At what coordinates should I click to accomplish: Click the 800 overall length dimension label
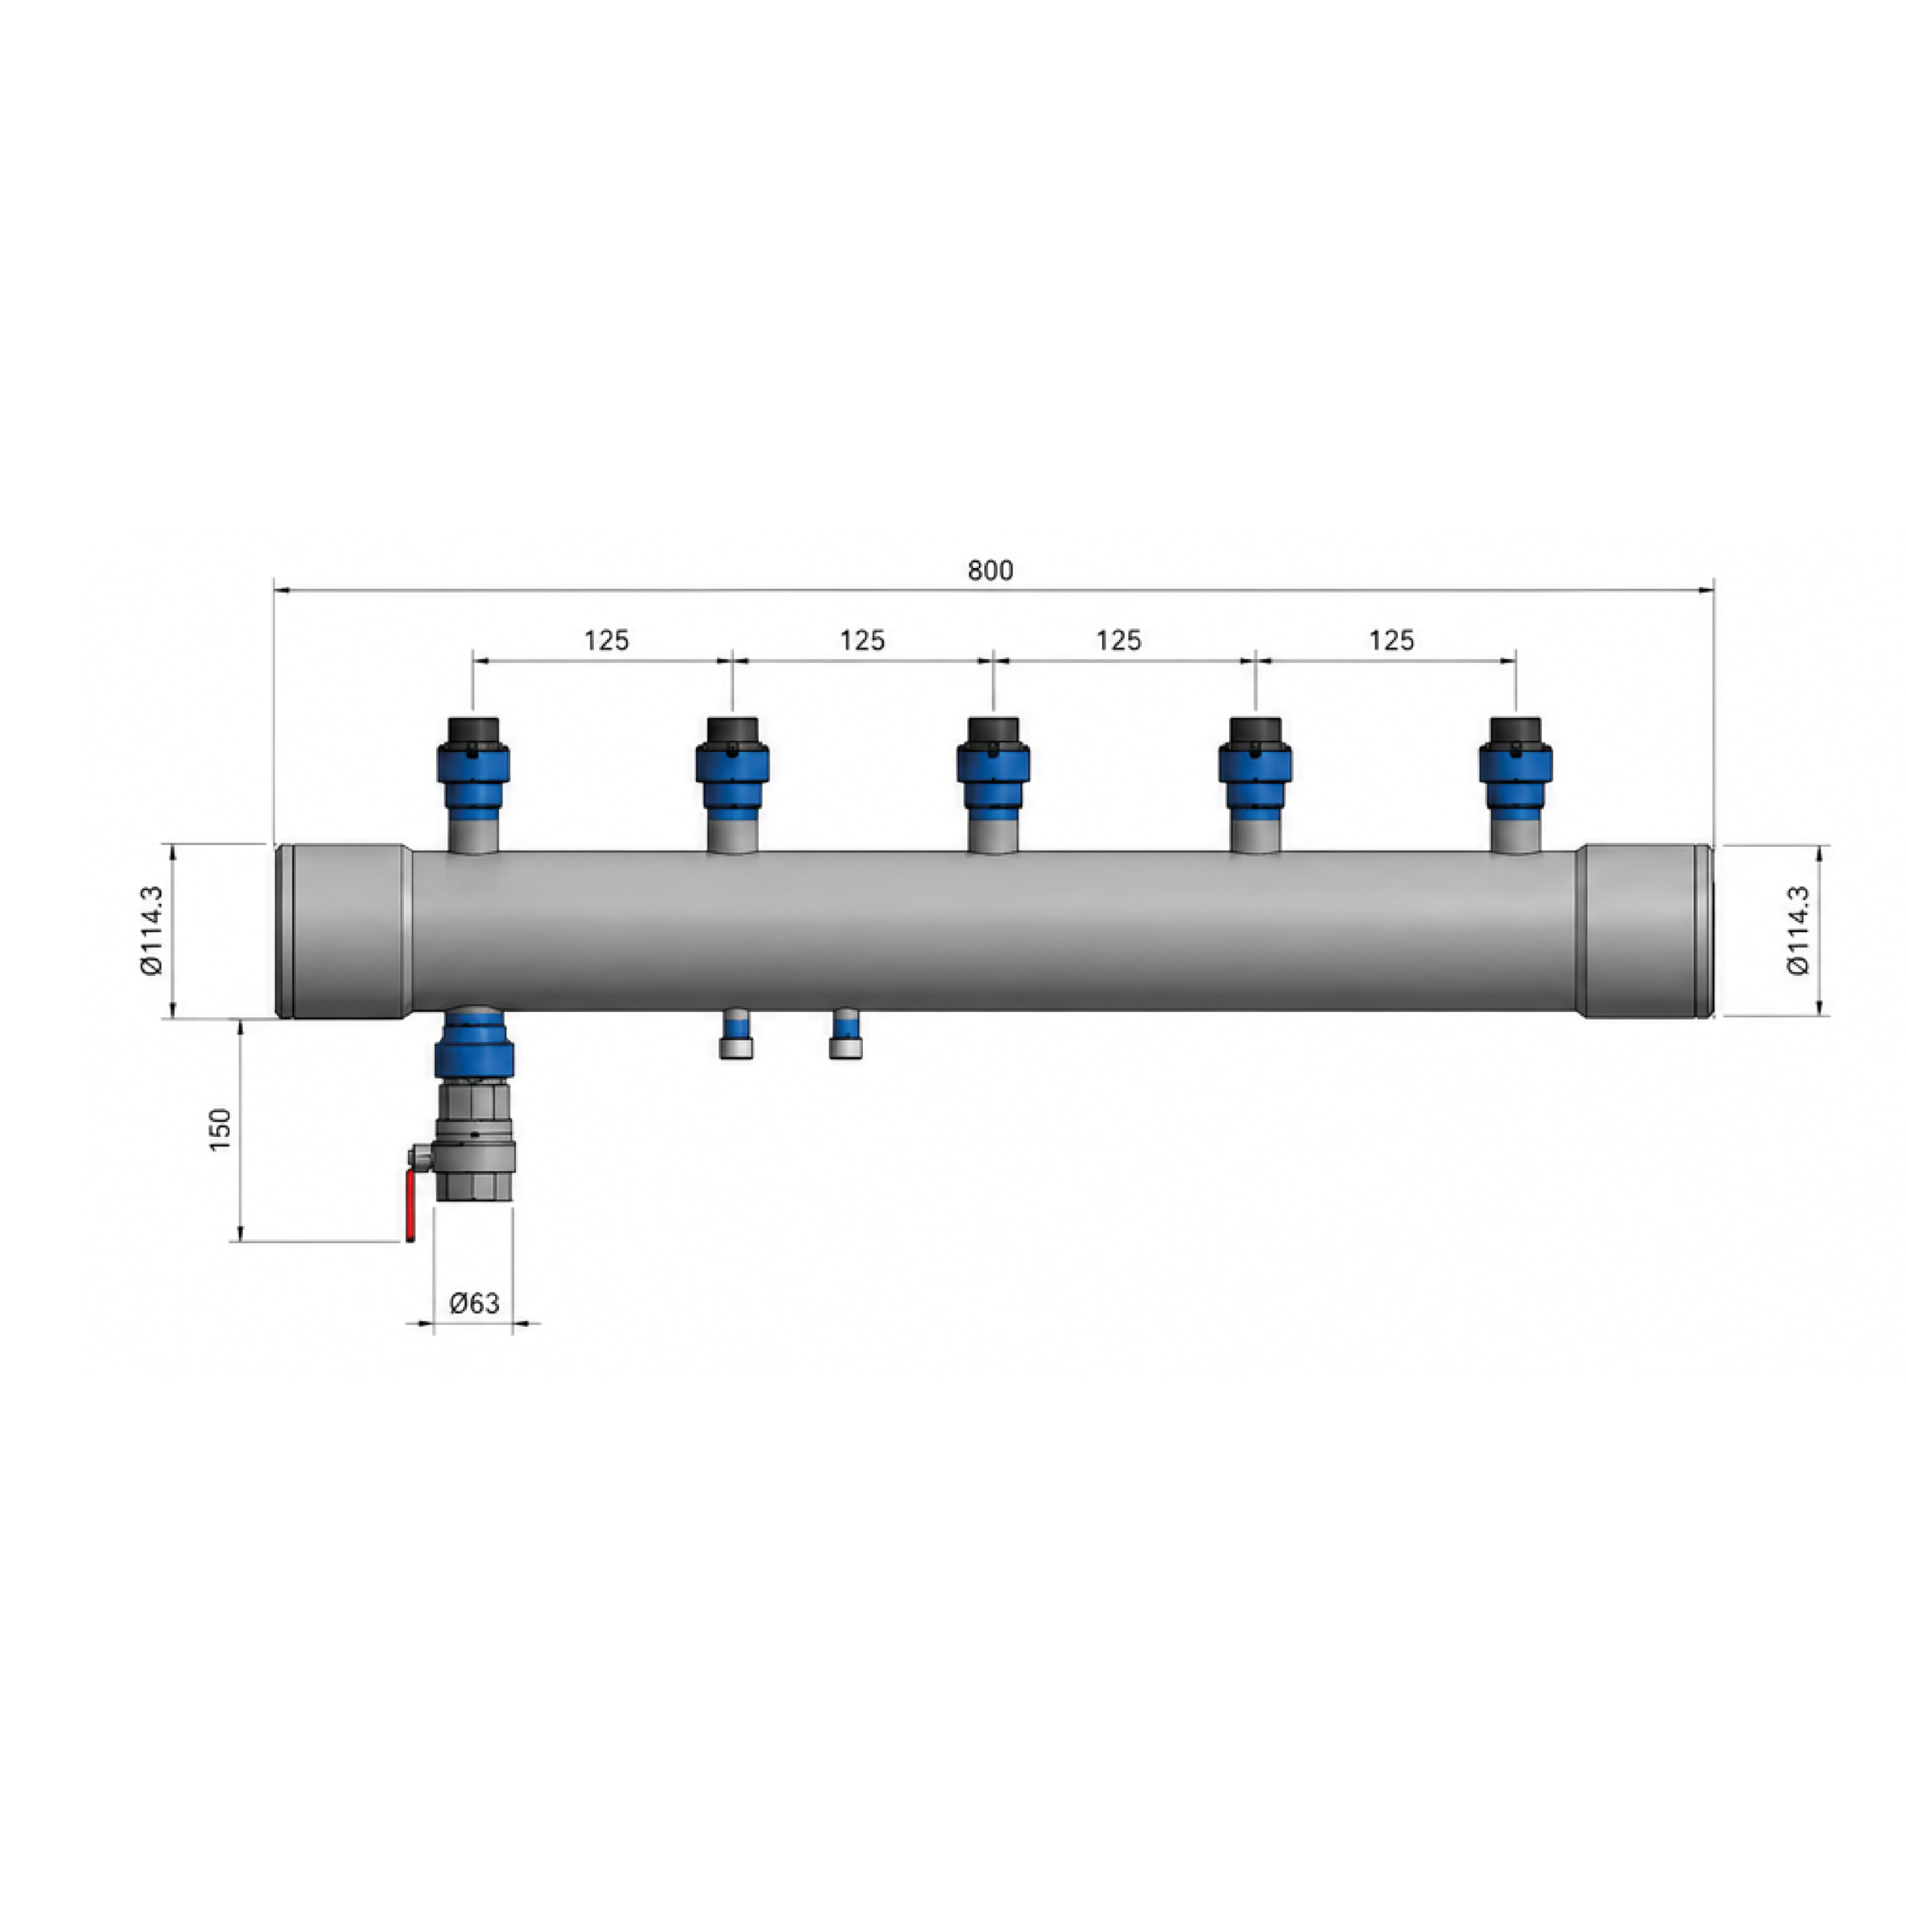point(989,571)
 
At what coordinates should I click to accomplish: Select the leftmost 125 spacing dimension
point(606,641)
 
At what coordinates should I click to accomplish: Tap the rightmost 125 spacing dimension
point(1391,641)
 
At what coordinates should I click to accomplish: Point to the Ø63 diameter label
point(474,1303)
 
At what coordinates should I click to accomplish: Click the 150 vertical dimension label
point(221,1129)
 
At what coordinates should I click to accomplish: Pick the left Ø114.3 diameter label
point(152,931)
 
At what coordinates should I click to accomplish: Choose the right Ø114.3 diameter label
point(1799,931)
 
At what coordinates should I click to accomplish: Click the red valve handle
point(410,1208)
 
